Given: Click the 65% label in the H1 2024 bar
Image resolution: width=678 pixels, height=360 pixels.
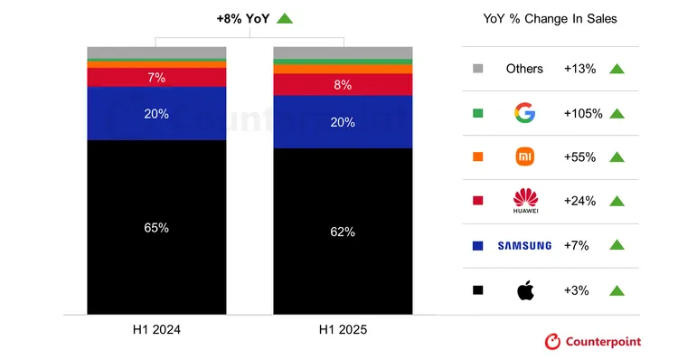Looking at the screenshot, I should point(156,228).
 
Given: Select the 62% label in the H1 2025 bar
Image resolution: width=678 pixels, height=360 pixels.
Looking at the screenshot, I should point(343,232).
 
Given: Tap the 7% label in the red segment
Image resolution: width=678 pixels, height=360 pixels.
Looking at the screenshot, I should point(156,78).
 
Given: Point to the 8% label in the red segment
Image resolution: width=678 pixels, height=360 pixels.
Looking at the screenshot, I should point(343,85).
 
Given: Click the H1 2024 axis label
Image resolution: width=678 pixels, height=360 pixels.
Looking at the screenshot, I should point(156,330).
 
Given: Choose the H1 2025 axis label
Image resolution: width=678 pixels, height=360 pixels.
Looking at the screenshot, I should point(343,330).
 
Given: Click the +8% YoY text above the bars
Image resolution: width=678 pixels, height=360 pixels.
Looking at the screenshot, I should point(243,18).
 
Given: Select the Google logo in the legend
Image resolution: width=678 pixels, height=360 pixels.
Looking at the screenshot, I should point(524,113).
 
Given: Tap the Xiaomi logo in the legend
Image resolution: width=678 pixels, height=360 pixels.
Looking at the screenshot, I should point(524,157).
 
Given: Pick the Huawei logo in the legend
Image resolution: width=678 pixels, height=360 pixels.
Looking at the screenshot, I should point(524,200).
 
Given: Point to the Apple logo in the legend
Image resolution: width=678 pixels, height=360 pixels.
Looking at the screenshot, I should point(524,289).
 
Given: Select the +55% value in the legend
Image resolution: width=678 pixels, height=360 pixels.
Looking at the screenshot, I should point(579,157).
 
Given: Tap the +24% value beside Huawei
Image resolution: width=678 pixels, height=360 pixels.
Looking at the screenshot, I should point(579,201).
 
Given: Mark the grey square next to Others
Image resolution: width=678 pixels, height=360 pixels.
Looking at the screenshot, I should point(477,70).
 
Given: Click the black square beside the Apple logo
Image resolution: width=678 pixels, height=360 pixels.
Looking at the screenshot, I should point(477,290).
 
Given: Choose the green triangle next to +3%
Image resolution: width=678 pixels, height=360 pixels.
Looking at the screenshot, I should point(617,289).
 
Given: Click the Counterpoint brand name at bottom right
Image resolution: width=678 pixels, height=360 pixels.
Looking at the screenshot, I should point(603,341).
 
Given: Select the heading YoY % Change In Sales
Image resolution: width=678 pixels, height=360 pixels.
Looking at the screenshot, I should point(550,19).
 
